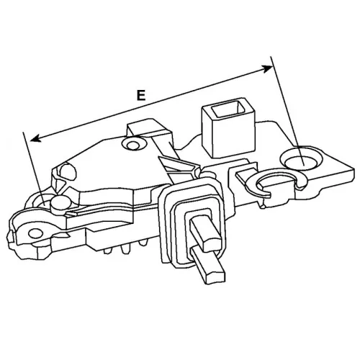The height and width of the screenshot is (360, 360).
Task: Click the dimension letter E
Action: [x=141, y=95]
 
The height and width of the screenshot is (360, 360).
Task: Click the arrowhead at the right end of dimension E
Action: [x=268, y=69]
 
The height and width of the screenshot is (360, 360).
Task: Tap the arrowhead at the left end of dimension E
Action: [x=35, y=138]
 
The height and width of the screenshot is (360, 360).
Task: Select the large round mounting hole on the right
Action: [x=302, y=159]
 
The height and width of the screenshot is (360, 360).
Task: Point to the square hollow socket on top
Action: [x=228, y=127]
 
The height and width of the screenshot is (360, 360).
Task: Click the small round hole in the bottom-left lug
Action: [x=35, y=233]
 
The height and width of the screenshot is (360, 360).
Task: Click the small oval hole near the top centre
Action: [x=132, y=145]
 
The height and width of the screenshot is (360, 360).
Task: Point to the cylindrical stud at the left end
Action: [x=59, y=204]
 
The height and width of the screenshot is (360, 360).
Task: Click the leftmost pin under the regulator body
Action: [x=107, y=251]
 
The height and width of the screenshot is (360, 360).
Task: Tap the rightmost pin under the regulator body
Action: [x=143, y=243]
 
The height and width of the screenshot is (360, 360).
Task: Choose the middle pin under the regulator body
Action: [x=125, y=250]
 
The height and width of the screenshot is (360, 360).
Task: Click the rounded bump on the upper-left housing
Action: [x=68, y=171]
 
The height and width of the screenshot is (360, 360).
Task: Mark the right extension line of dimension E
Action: [x=287, y=111]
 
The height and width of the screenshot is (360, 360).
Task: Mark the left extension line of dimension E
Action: [x=34, y=168]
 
